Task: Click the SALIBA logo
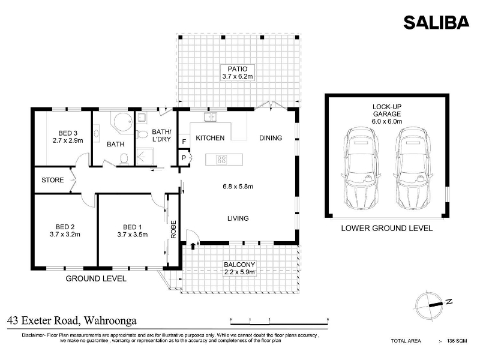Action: [436, 22]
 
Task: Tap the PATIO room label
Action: [237, 69]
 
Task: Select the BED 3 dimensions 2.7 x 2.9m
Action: [68, 140]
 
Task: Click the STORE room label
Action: [53, 180]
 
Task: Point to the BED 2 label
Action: [65, 227]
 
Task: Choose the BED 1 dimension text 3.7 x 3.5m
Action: [133, 235]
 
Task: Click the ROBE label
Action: [173, 230]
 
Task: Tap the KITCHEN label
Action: [210, 138]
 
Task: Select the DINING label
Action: [271, 138]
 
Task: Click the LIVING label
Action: [238, 218]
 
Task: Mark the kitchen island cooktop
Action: [221, 160]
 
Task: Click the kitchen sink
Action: [211, 117]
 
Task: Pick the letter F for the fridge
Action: [184, 142]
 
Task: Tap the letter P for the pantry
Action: [184, 158]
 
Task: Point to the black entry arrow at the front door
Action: [193, 246]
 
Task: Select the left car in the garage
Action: [361, 168]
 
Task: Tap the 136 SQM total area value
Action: [457, 341]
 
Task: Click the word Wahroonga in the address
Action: [110, 320]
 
